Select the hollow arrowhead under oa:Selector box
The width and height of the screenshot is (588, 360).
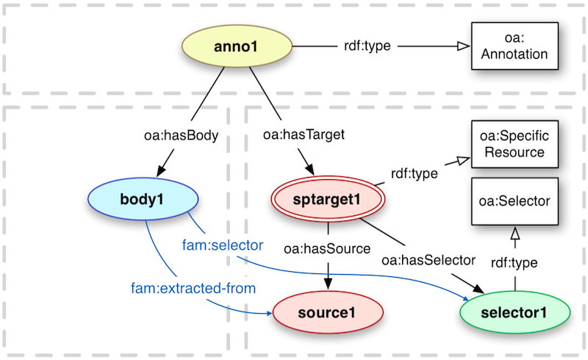pyautogui.click(x=514, y=234)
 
